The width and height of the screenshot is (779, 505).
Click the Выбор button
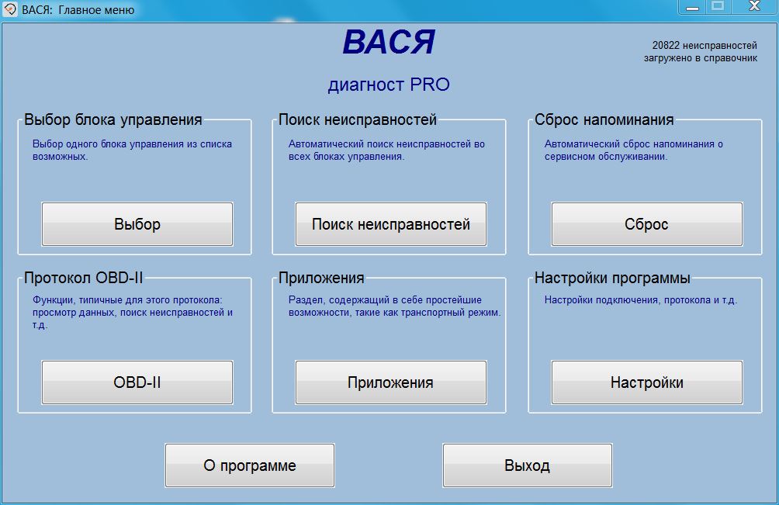point(137,224)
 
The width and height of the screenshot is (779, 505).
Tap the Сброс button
point(647,224)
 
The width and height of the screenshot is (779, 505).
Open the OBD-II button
point(137,382)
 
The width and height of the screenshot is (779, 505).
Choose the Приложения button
point(391,382)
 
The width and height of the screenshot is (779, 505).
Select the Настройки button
point(647,382)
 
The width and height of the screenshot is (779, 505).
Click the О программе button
point(250,465)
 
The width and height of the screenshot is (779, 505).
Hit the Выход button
point(528,465)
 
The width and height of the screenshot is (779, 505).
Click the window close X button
point(755,6)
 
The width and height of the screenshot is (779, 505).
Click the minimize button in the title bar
point(692,6)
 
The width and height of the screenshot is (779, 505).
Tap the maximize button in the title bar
point(718,6)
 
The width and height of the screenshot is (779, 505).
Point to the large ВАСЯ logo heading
point(389,42)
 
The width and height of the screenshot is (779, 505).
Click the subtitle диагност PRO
point(389,85)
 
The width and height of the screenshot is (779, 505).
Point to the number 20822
point(666,46)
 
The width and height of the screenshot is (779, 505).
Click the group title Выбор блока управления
point(113,119)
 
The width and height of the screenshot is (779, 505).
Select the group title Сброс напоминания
point(604,119)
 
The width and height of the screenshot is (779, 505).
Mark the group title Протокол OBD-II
point(84,278)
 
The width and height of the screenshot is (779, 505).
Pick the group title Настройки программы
point(612,278)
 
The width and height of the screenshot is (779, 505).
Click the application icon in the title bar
point(10,9)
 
